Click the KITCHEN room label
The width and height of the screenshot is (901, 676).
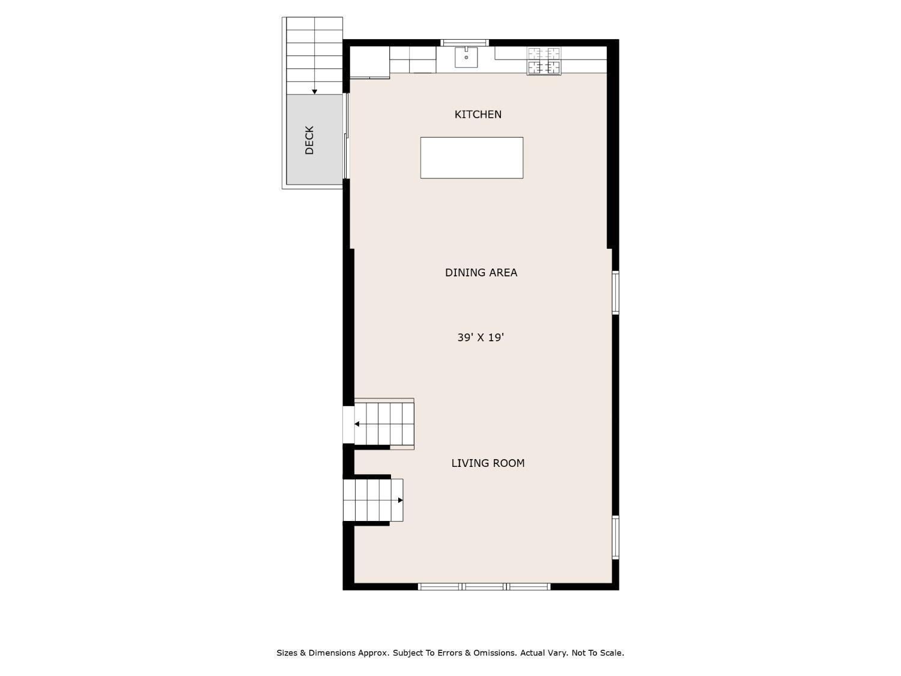[478, 114]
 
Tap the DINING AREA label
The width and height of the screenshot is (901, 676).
[481, 272]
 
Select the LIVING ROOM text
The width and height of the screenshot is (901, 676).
[488, 463]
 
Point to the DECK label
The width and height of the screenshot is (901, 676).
[309, 140]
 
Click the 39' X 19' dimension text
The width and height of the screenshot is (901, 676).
[480, 338]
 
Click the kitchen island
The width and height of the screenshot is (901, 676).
[472, 157]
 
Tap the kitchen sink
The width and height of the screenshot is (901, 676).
[466, 57]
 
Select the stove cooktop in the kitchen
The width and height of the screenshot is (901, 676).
[544, 61]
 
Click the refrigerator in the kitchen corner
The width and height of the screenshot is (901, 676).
[369, 62]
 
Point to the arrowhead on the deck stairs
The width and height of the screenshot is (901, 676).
[314, 92]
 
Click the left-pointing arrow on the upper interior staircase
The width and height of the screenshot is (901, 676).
[357, 424]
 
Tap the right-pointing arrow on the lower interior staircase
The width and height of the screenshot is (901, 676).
[401, 500]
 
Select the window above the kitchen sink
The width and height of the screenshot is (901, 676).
[465, 43]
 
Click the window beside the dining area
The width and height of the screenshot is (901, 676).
[615, 293]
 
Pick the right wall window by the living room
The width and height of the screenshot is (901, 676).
[615, 537]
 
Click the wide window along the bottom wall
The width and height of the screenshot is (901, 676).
[484, 586]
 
